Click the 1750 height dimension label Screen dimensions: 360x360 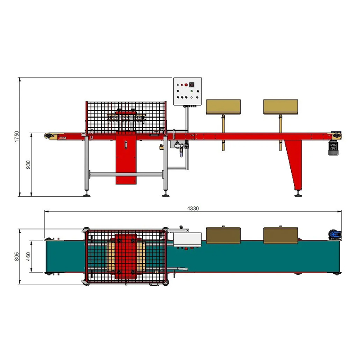pos(17,137)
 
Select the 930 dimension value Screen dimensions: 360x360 pos(28,165)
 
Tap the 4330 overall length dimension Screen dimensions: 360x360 pos(193,208)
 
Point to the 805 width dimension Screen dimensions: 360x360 pos(17,256)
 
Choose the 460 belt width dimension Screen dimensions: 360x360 pos(28,256)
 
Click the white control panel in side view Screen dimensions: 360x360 pos(187,91)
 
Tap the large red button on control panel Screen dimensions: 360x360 pos(186,85)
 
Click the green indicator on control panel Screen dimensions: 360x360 pos(192,91)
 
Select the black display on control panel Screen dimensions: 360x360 pos(192,85)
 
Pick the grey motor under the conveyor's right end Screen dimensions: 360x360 pos(333,148)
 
